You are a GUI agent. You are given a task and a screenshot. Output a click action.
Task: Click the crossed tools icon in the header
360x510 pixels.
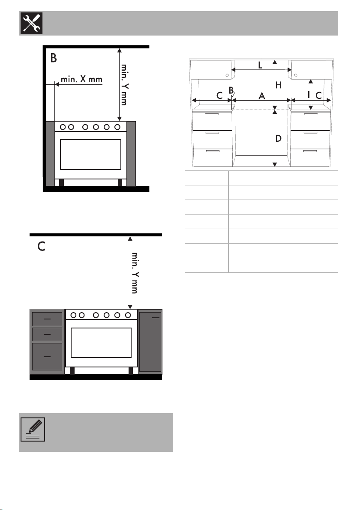pos(32,23)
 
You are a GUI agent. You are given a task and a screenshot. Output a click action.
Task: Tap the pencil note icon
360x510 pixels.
pos(33,429)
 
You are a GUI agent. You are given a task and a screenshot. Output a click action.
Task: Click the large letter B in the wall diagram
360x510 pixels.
pos(54,58)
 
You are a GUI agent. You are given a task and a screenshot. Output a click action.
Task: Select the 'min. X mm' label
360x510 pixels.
pos(82,79)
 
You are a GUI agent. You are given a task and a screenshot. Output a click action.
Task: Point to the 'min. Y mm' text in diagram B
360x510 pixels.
pos(124,84)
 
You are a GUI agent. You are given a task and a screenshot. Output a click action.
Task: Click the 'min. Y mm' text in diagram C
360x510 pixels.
pos(135,273)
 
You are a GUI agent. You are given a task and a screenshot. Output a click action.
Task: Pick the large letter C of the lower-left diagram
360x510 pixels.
pos(41,247)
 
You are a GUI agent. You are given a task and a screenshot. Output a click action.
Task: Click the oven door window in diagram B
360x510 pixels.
pos(90,155)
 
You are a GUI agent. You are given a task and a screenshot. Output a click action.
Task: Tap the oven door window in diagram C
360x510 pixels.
pos(101,343)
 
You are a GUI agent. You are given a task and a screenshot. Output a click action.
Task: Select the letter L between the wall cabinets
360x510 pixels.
pos(260,65)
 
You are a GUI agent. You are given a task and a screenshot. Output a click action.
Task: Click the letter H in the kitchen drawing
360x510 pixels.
pos(278,85)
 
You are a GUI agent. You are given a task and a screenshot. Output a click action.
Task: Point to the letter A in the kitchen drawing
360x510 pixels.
pos(262,96)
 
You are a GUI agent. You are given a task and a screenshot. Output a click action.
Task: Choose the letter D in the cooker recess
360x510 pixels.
pos(278,139)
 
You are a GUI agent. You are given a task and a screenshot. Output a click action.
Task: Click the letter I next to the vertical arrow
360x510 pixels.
pos(309,95)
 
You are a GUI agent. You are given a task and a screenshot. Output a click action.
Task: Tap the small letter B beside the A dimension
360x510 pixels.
pos(231,90)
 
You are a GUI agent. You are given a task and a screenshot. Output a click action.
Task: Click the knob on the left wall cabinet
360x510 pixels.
pos(227,75)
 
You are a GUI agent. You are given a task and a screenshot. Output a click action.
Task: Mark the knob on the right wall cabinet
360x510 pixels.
pos(296,75)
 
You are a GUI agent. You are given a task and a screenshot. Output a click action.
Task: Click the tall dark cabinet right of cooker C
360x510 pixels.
pos(150,342)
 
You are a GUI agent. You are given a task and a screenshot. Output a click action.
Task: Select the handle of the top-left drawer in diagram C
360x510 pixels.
pos(47,319)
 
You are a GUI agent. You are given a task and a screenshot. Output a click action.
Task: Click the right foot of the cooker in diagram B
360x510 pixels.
pos(120,182)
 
